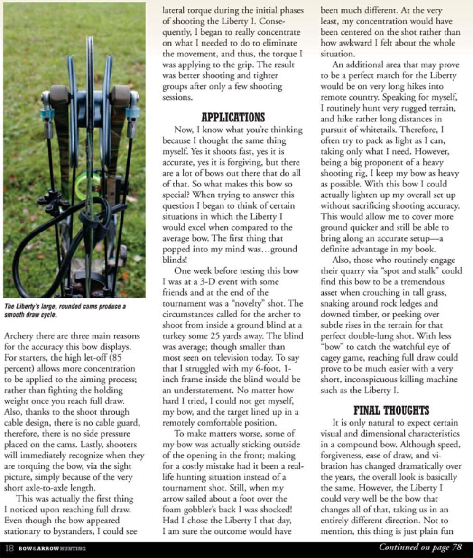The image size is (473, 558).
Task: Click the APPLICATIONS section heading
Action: click(x=233, y=117)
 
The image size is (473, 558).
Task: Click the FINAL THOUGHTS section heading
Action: click(x=392, y=410)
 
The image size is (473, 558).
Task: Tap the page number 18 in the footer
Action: click(x=10, y=549)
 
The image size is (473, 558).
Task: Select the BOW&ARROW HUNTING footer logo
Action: click(x=52, y=549)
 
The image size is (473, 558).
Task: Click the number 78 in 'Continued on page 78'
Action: click(x=457, y=548)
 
